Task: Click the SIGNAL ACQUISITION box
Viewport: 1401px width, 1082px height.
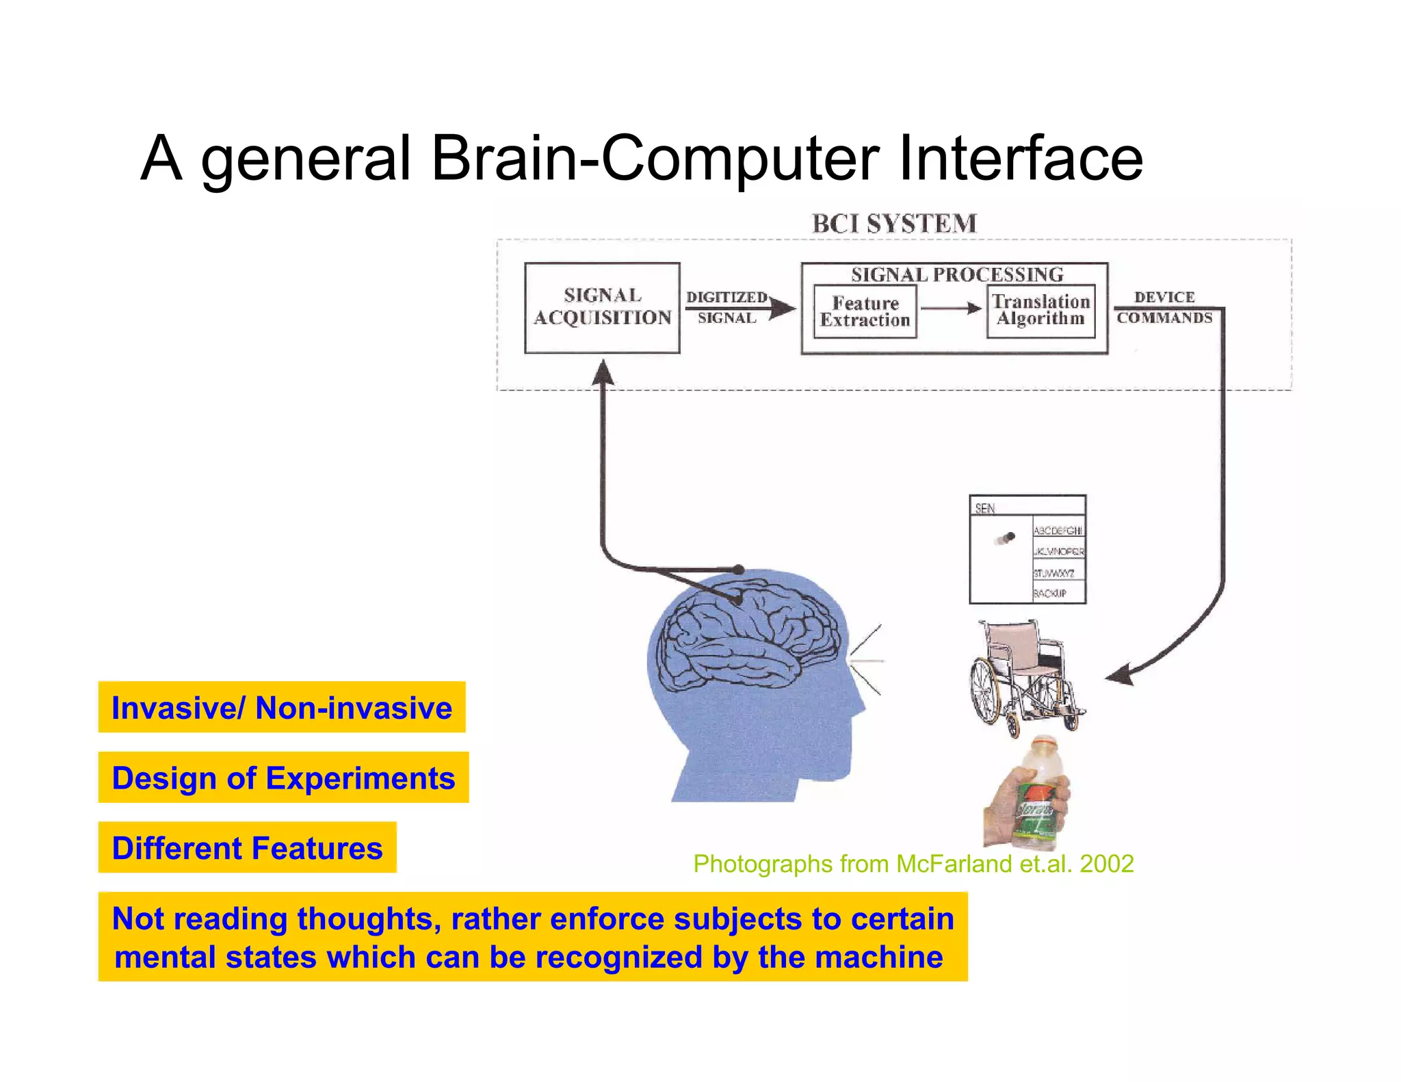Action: point(602,308)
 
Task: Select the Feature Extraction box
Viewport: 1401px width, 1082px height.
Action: point(865,312)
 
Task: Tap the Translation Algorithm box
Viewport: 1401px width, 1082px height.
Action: point(1040,311)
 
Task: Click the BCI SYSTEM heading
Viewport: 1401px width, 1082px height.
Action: point(894,224)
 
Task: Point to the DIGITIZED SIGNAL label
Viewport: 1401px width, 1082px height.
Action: point(726,307)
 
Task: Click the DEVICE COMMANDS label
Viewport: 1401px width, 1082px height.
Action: point(1164,307)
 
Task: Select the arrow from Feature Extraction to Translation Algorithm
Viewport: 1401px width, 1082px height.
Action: point(951,308)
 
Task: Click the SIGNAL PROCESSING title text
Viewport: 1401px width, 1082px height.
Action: point(956,274)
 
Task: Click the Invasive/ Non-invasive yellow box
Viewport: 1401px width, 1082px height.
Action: point(282,707)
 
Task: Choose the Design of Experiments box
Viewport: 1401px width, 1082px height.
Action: point(283,778)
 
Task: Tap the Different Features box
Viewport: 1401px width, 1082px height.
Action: point(247,848)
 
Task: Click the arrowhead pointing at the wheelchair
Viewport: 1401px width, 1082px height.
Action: point(1119,675)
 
